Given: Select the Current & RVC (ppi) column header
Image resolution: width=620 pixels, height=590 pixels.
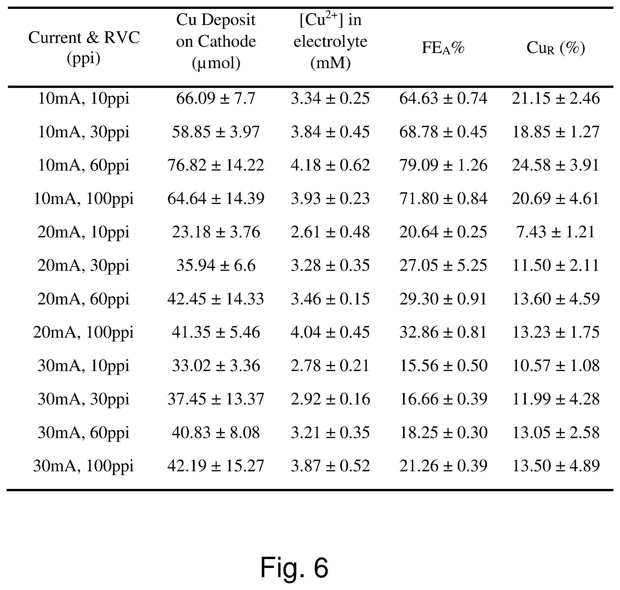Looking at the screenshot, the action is point(84,48).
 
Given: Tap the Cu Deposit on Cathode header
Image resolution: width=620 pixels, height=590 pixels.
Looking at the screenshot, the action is point(216,41).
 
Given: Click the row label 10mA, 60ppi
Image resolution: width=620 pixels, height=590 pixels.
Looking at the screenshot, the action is point(84,165).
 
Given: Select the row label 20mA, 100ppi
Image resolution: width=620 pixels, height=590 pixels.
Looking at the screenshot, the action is point(84,332).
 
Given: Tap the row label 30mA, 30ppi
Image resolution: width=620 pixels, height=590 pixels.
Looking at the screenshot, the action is point(84,399).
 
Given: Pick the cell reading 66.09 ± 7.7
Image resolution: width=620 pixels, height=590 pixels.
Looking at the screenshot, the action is point(216,98).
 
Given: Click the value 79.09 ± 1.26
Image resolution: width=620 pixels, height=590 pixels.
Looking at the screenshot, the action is point(443,165).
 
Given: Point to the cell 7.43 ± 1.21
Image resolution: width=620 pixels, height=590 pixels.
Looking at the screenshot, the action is point(556,232).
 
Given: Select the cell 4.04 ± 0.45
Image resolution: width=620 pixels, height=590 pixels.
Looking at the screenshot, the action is point(330,332).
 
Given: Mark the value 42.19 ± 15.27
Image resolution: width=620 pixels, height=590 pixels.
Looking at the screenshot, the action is point(216,466).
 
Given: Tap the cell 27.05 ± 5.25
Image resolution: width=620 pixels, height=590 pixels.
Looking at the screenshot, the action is point(443,266).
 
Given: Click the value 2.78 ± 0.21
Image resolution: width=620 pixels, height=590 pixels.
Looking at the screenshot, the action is point(330,366).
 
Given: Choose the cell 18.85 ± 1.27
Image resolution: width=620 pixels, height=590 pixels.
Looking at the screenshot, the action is point(556,132).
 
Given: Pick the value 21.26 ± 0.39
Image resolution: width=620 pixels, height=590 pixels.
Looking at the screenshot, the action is point(443,466).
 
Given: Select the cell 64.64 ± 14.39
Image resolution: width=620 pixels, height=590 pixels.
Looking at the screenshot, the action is point(216,199).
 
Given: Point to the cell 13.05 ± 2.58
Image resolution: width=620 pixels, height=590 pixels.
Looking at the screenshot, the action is point(556,433).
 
